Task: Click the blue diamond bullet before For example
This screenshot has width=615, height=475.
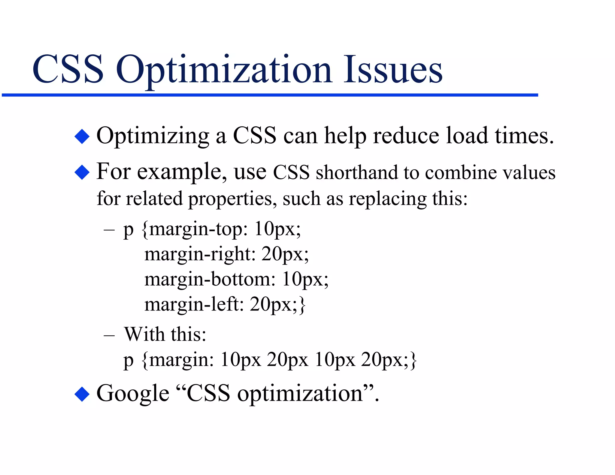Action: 82,172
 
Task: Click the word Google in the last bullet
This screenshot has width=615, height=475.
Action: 133,394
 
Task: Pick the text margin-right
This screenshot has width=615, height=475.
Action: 199,254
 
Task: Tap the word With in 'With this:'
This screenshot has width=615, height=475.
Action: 144,334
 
